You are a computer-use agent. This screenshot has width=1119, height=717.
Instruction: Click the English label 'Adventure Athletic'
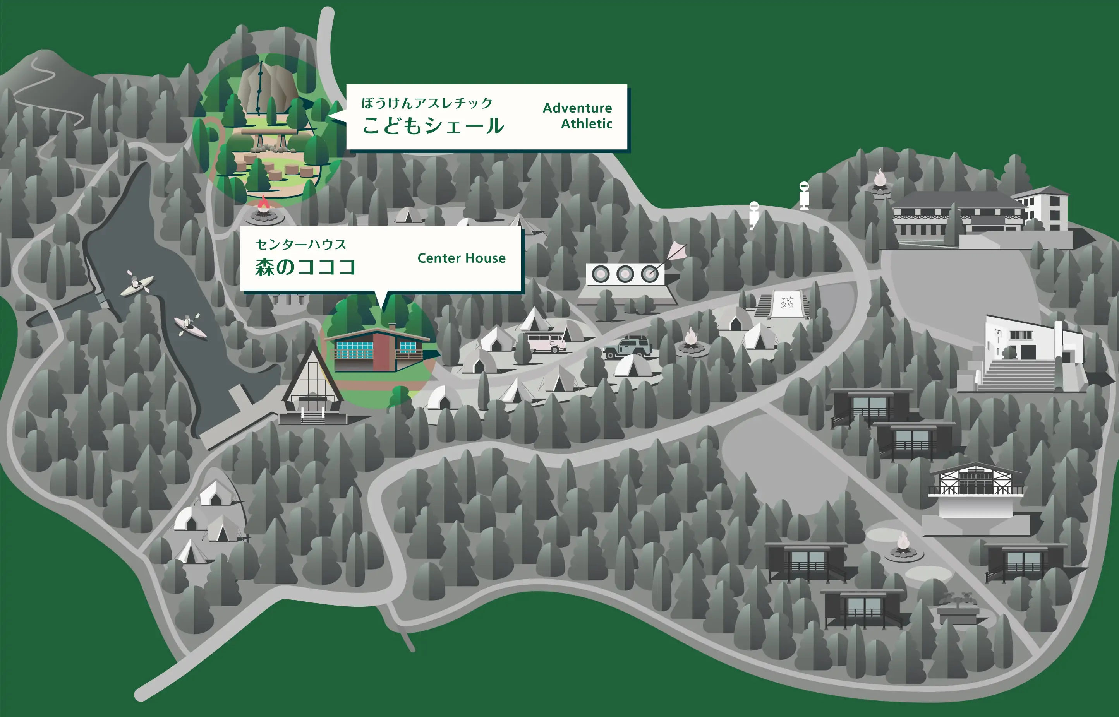point(577,115)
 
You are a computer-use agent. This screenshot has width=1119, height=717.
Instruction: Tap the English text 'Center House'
point(461,258)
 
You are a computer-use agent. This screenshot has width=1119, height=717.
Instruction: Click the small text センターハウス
point(301,245)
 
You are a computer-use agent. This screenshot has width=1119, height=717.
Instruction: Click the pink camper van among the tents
point(546,342)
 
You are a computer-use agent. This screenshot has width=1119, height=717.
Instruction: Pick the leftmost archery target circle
point(601,274)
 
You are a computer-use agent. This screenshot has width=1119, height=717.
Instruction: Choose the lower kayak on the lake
point(190,325)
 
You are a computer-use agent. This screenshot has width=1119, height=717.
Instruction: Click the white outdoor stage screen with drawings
point(787,304)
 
